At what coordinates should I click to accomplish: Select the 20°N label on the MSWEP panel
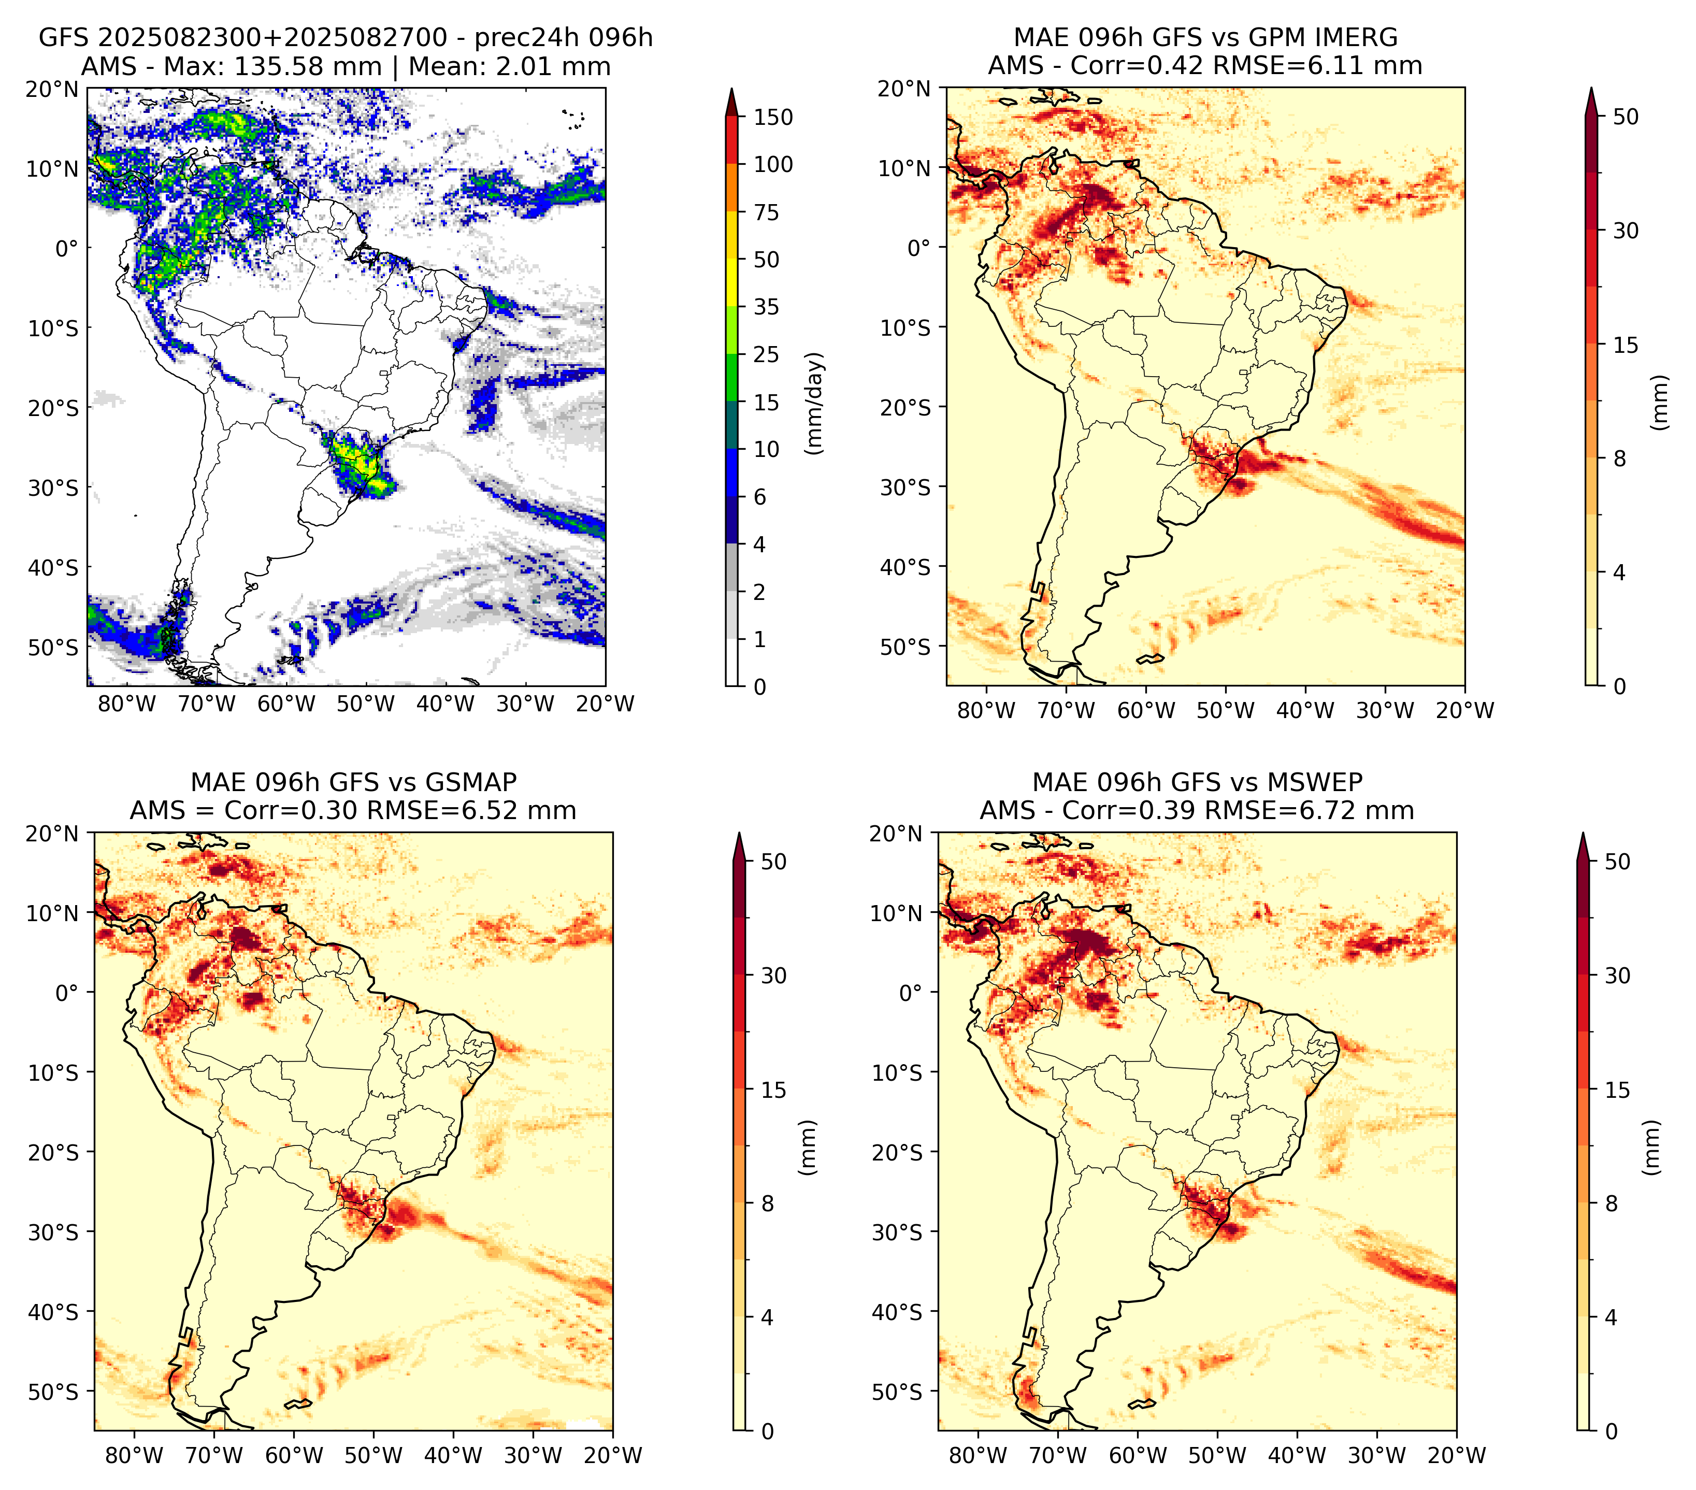click(x=896, y=834)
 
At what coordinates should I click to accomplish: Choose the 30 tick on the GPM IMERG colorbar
click(x=1626, y=231)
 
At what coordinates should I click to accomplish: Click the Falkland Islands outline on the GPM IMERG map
click(x=1151, y=658)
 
